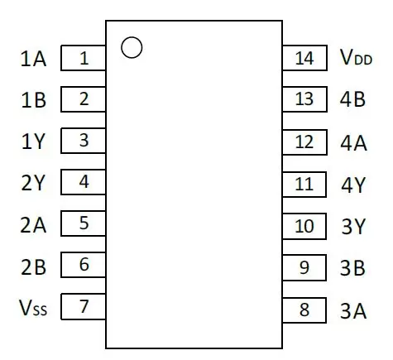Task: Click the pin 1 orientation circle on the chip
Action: coord(132,37)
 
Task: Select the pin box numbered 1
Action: coord(84,58)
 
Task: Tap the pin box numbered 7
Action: coord(84,306)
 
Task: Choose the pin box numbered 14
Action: coord(304,58)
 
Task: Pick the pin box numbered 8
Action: coord(304,310)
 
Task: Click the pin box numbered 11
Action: coord(304,185)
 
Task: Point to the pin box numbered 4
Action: coord(84,182)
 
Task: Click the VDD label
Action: coord(356,57)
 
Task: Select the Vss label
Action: coord(33,307)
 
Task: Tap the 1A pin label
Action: coord(33,59)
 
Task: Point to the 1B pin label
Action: coord(33,100)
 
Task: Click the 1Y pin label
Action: coord(33,142)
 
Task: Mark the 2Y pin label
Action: coord(32,183)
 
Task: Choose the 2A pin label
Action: coord(33,225)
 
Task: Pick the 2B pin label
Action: coord(33,267)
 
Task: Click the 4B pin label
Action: coord(352,99)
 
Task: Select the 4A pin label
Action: coord(353,143)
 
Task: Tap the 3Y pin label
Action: coord(353,227)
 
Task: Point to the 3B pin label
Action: coord(352,267)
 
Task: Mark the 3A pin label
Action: coord(353,311)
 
